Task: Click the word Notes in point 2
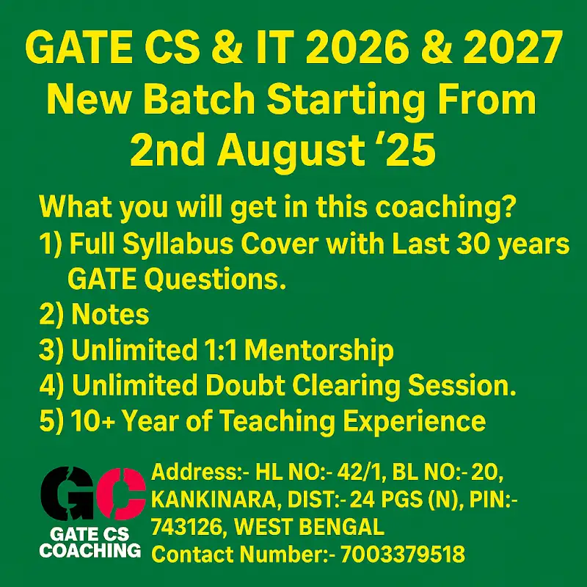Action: [x=110, y=316]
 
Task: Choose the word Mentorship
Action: [x=318, y=351]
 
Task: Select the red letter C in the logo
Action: [x=117, y=492]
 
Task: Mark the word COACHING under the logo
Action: [x=90, y=550]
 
